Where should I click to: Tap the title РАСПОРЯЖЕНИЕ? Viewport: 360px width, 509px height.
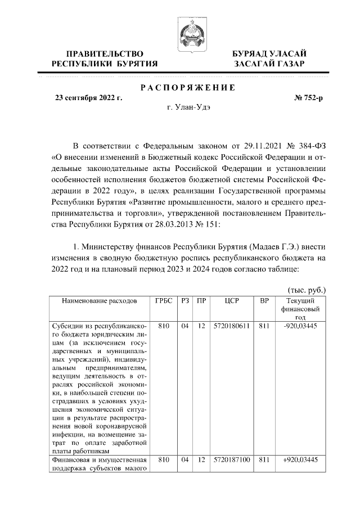(x=187, y=87)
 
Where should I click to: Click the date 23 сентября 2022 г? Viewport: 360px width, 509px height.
(x=88, y=97)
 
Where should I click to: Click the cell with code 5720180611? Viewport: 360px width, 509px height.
(x=232, y=326)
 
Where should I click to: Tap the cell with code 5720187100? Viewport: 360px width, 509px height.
(x=232, y=460)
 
